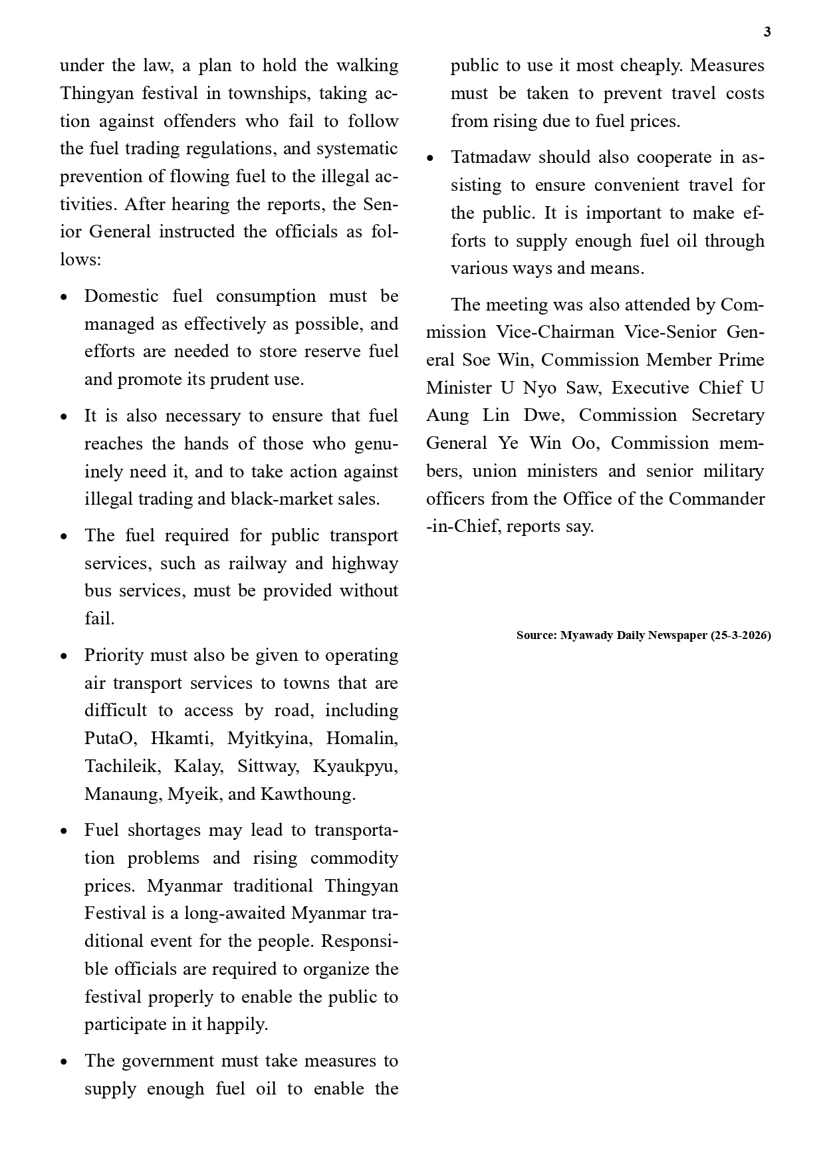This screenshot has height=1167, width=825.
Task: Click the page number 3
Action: click(x=767, y=32)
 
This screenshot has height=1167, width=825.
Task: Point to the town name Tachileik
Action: click(x=122, y=766)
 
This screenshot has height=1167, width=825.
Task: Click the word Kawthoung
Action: click(x=308, y=794)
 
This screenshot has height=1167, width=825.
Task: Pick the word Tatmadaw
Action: click(x=491, y=158)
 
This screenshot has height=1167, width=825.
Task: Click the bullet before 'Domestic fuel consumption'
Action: click(x=64, y=297)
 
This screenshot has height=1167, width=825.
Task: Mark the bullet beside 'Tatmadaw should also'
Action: click(x=430, y=159)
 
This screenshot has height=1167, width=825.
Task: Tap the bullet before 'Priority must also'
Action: click(x=64, y=656)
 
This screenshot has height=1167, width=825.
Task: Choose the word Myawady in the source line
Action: click(x=587, y=635)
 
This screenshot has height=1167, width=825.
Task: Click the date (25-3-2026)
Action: click(x=741, y=635)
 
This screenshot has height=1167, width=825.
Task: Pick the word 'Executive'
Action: click(x=649, y=388)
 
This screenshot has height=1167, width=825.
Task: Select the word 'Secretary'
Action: click(x=728, y=415)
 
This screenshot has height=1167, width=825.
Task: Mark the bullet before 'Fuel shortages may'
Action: click(x=64, y=831)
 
